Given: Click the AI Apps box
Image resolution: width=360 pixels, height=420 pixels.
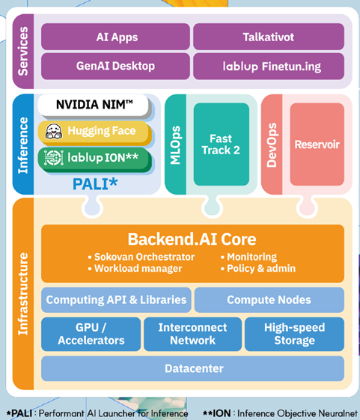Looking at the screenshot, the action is pos(116,37).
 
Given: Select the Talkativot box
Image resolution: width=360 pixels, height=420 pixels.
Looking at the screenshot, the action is pos(269,37).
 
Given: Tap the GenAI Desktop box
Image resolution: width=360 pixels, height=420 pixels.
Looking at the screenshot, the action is pos(116,66).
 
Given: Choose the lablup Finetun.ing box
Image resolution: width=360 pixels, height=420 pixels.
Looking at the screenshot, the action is pos(269,66).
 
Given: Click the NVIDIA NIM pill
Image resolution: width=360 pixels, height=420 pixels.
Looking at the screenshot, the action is pos(94,105).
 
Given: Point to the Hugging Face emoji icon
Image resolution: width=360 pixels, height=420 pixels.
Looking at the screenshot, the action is pos(54,131).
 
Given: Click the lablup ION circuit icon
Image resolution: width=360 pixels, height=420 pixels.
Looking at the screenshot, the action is pos(54,157).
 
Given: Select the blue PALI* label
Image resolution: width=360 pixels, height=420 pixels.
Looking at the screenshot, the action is pos(95,184).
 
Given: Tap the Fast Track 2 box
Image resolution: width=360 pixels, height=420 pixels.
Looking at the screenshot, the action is pos(222,144).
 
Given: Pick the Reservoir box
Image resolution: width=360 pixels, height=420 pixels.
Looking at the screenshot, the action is pos(317,144).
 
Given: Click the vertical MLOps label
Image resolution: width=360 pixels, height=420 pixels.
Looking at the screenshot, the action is pos(175,145).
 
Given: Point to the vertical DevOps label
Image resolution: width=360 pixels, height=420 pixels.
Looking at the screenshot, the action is pos(272,145).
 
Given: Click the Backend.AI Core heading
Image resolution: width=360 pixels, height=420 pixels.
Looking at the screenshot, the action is pos(192,239).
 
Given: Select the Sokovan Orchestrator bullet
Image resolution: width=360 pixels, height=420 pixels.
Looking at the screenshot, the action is pos(141,257).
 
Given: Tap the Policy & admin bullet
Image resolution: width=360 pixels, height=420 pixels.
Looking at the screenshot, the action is pos(258,268).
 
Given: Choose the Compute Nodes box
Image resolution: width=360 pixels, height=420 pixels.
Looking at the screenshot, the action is pos(269,300).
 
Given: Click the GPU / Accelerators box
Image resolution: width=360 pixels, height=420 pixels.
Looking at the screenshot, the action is pos(91,334).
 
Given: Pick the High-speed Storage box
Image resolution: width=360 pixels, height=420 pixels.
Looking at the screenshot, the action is pos(294,334).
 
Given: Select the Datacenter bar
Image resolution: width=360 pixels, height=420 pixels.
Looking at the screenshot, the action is pos(193,368).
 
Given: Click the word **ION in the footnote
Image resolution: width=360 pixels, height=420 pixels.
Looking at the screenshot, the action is pos(216,413).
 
